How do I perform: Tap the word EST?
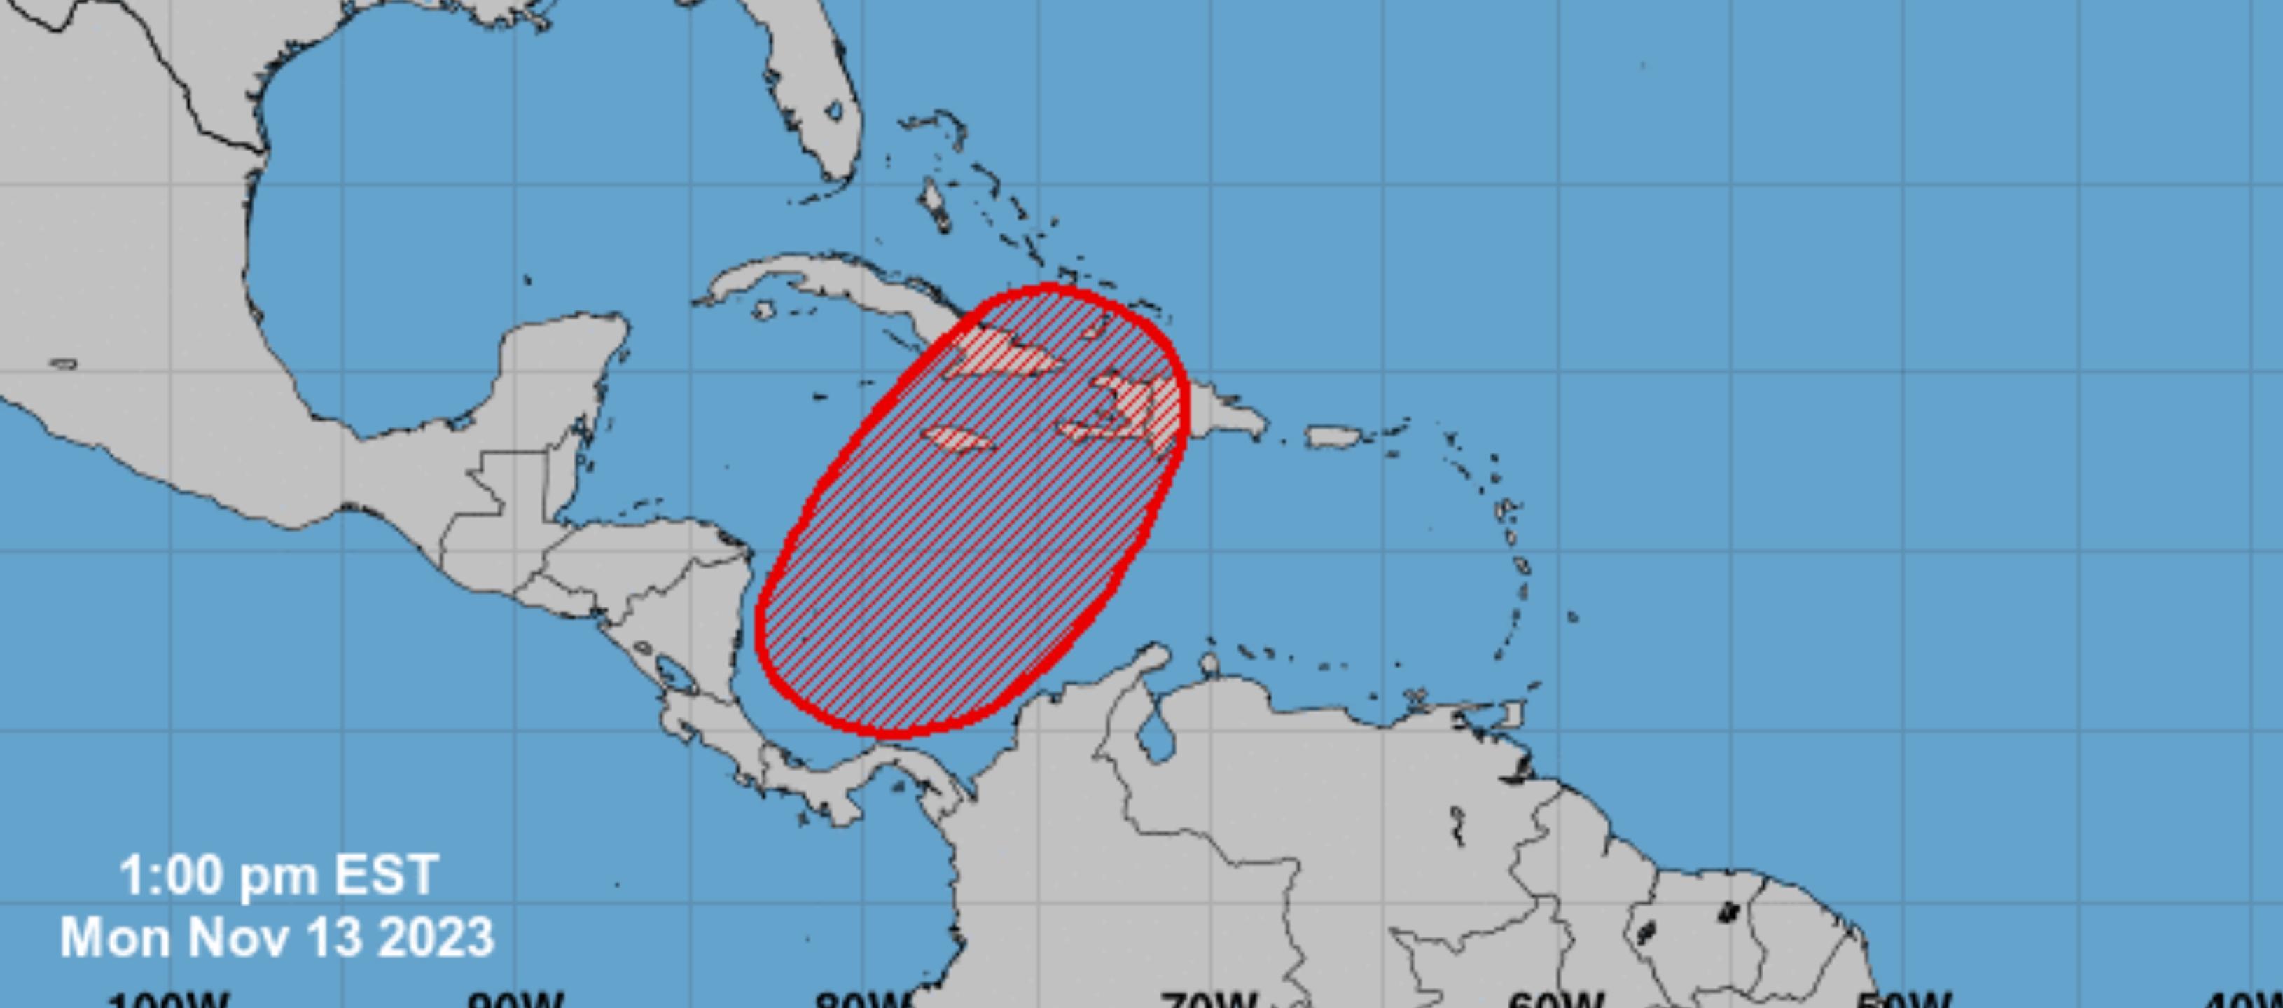click(386, 875)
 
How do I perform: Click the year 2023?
click(435, 937)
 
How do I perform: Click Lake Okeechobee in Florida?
click(833, 111)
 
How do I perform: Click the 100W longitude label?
click(168, 1000)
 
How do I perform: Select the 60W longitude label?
click(1555, 1000)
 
